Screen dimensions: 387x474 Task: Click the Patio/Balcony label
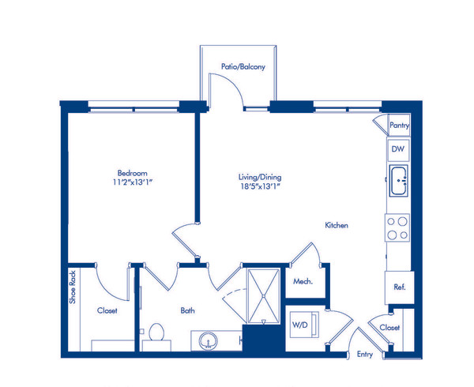243,68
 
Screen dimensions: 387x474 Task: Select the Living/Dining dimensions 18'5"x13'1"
260,188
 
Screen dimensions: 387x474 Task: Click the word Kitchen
337,226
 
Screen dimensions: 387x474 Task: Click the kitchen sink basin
397,182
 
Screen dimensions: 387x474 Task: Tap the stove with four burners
397,228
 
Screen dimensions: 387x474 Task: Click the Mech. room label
303,282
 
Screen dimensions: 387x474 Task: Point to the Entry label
365,355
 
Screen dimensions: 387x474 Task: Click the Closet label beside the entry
389,327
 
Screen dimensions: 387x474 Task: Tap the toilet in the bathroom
156,334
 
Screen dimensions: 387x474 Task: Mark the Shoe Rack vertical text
72,287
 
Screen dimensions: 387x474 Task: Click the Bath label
187,311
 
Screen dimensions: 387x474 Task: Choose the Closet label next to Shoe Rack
107,311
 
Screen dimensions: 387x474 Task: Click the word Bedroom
132,173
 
